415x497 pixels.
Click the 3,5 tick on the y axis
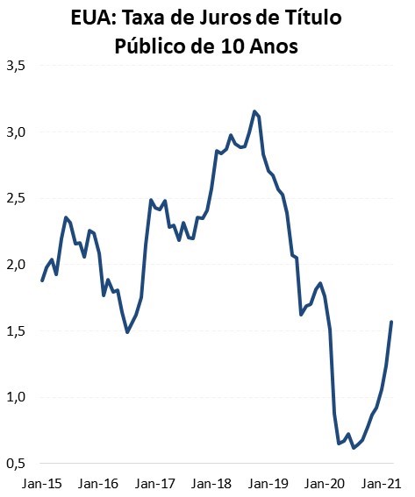tap(15, 66)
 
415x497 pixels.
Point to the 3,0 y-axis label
tap(15, 132)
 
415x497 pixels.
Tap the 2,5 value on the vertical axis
tap(15, 199)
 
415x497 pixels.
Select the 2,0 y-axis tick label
tap(15, 265)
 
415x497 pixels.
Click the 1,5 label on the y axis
tap(15, 331)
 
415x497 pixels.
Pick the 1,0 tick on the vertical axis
tap(15, 397)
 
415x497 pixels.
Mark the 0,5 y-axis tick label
tap(15, 464)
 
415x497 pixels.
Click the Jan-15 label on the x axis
tap(41, 483)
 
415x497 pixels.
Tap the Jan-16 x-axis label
tap(98, 483)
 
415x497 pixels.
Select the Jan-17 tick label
tap(155, 483)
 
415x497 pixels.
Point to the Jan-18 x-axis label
tap(211, 483)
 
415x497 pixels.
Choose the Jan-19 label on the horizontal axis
tap(268, 483)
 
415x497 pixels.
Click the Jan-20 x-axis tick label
tap(325, 483)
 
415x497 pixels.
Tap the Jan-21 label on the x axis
tap(382, 483)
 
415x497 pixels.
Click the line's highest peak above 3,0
tap(254, 111)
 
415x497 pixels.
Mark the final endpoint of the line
tap(391, 322)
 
